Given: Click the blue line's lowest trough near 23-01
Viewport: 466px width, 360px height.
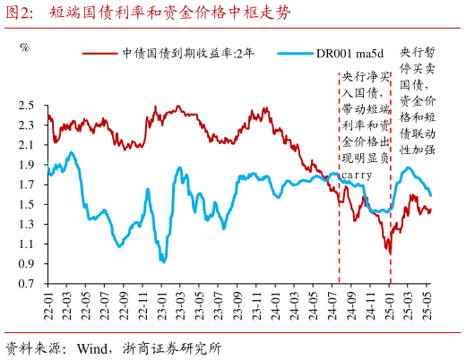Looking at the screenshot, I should (x=162, y=261).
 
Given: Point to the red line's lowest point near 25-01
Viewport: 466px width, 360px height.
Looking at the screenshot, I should (x=389, y=253).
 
